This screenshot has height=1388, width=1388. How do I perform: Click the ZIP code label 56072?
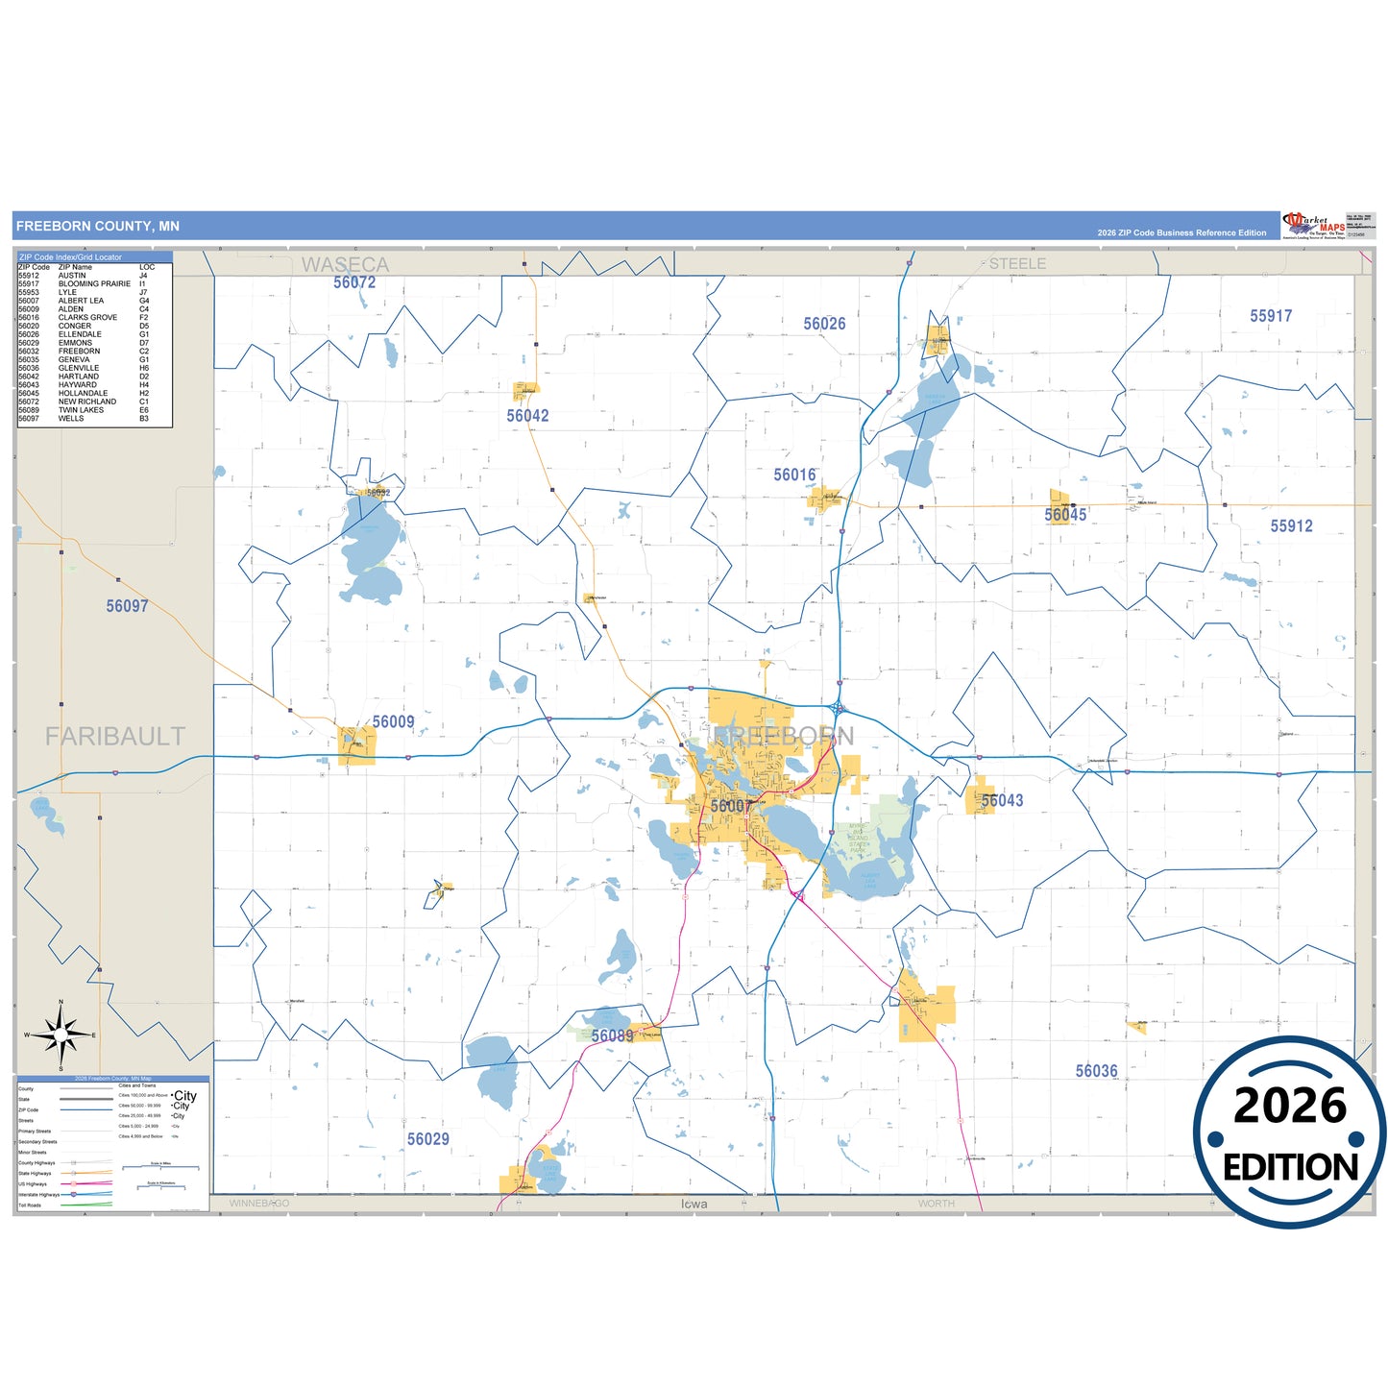point(354,282)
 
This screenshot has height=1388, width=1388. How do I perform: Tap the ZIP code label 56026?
point(824,324)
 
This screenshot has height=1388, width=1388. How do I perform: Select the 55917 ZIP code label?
point(1270,316)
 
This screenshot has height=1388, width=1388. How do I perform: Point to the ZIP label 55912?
point(1291,526)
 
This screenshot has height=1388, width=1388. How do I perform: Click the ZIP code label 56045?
point(1065,515)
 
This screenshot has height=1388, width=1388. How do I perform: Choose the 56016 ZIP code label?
point(794,475)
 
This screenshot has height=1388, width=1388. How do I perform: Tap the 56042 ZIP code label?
point(527,416)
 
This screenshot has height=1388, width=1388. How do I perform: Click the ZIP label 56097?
point(127,606)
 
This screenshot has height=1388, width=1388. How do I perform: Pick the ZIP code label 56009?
point(393,721)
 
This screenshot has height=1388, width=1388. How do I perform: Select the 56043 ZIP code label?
point(1002,800)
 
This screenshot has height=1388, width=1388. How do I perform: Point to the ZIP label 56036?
point(1096,1071)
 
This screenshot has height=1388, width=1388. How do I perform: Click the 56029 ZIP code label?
point(427,1139)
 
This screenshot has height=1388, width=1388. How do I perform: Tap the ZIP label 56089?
point(612,1035)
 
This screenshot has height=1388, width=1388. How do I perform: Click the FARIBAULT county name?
point(115,737)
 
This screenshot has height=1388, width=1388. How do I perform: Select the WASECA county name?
point(345,264)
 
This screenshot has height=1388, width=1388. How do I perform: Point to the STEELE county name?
point(1017,263)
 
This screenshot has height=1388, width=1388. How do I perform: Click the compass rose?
point(61,1035)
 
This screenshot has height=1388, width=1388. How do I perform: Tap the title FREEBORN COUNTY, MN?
point(98,227)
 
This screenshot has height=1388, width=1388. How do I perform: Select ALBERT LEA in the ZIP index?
point(81,301)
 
